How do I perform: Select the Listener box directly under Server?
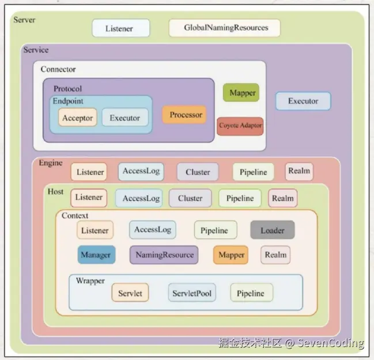(x=120, y=28)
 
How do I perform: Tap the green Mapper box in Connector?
(x=242, y=93)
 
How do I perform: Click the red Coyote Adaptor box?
(x=240, y=126)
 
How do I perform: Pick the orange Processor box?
(x=185, y=115)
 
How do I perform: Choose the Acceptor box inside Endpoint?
(x=78, y=118)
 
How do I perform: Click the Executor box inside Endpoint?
(x=124, y=118)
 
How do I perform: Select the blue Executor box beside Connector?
(x=303, y=101)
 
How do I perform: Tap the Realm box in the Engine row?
(x=299, y=170)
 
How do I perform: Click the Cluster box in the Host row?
(x=190, y=198)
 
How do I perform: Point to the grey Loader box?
(x=272, y=230)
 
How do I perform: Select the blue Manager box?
(x=96, y=255)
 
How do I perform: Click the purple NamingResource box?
(x=164, y=255)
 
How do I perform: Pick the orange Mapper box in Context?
(x=231, y=255)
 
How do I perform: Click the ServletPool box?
(x=192, y=293)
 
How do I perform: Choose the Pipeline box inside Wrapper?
(x=251, y=293)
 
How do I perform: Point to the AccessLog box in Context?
(x=153, y=230)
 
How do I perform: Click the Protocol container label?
(x=67, y=89)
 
